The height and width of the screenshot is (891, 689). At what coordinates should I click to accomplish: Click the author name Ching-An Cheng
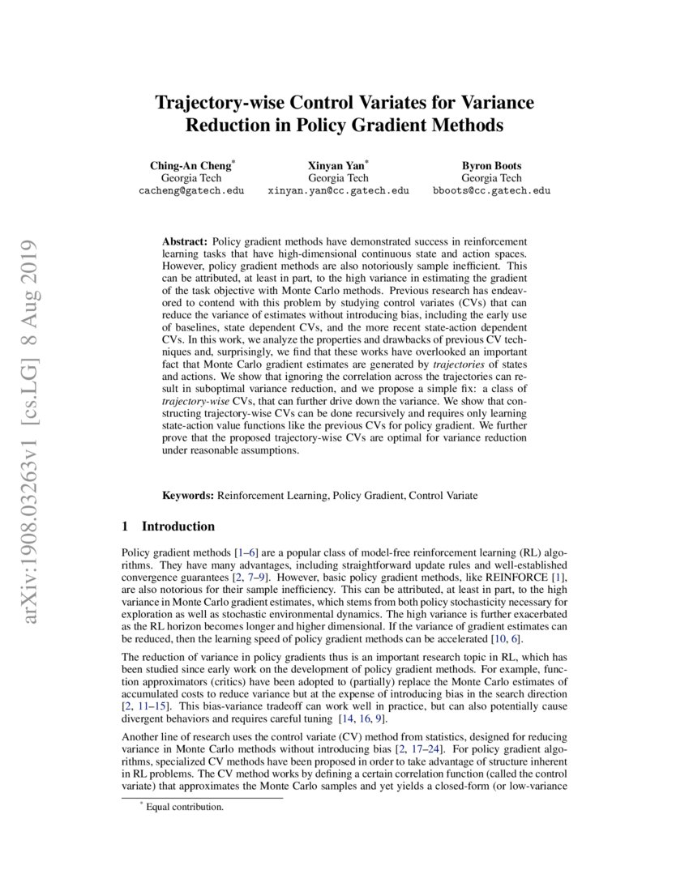point(190,165)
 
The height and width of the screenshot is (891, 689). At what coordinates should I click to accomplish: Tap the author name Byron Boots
point(491,165)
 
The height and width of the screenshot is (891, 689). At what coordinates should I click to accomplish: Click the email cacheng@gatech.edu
point(191,191)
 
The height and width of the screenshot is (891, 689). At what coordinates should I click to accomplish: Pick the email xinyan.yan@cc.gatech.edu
point(338,191)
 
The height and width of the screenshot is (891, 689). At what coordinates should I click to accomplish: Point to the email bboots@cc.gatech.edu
point(491,191)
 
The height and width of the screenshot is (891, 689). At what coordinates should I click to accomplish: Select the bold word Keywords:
point(188,494)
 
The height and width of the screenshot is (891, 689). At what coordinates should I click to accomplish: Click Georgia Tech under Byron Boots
point(491,178)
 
